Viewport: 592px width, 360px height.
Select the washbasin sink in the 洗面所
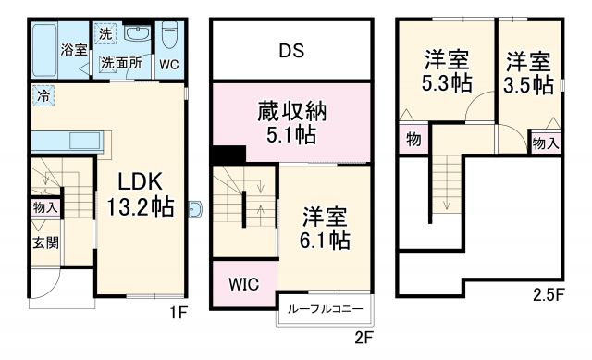pyautogui.click(x=135, y=34)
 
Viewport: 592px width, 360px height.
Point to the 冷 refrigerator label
pyautogui.click(x=43, y=94)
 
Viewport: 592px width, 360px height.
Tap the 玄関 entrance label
pyautogui.click(x=46, y=242)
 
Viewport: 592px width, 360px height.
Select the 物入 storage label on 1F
pyautogui.click(x=45, y=207)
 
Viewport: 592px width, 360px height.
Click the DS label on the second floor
pyautogui.click(x=292, y=50)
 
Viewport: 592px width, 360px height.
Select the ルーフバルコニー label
pyautogui.click(x=325, y=309)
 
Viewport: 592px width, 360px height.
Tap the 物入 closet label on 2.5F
pyautogui.click(x=545, y=143)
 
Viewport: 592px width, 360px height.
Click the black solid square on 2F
pyautogui.click(x=223, y=156)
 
